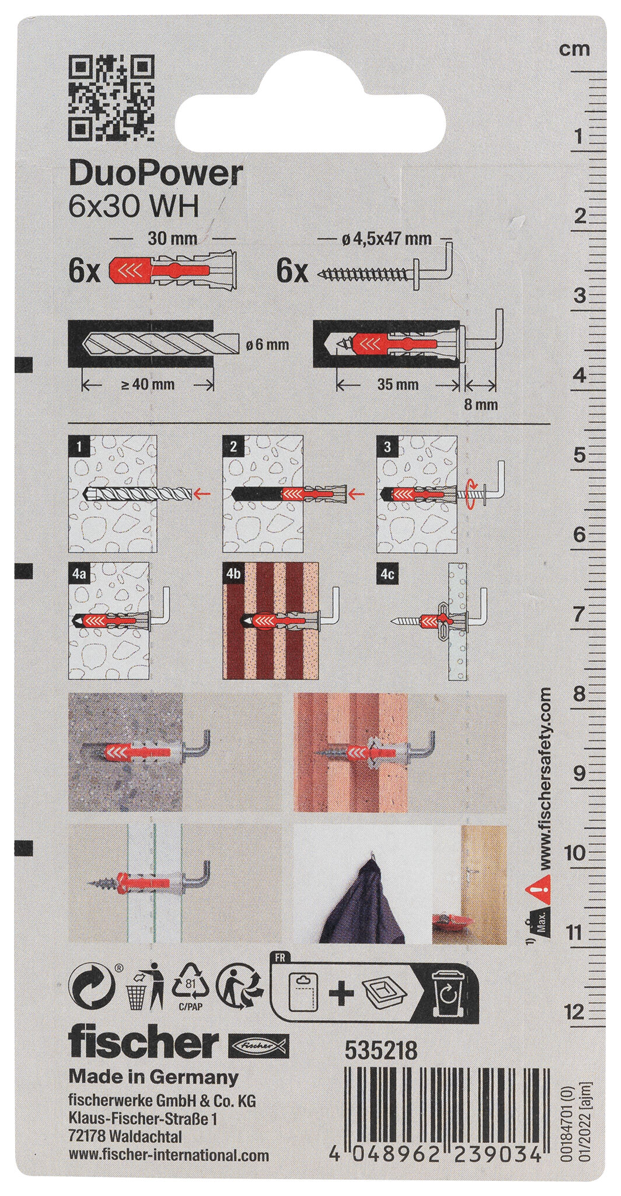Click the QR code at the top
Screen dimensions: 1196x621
coord(112,97)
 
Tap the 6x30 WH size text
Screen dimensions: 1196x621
coord(134,207)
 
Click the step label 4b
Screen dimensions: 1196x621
coord(233,575)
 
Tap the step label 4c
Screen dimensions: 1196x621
coord(388,575)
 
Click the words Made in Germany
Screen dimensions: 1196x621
coord(154,1060)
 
